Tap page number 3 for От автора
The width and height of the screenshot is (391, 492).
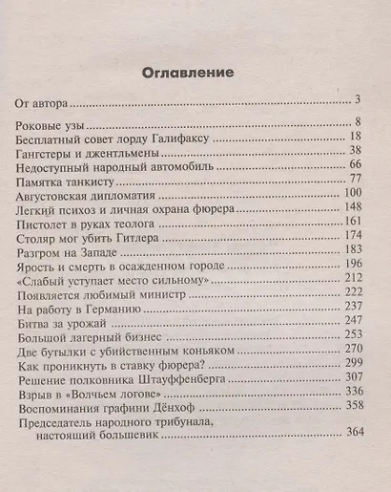[x=354, y=98]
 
